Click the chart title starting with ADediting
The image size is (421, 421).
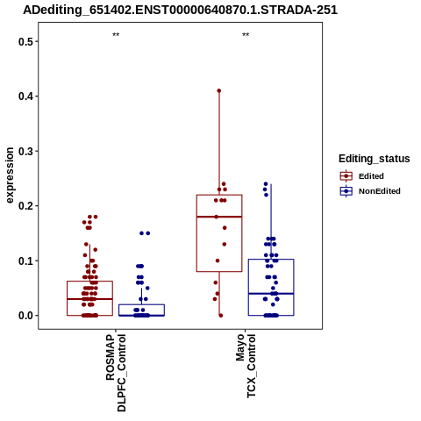tap(180, 11)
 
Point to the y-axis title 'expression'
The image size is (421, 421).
tap(10, 175)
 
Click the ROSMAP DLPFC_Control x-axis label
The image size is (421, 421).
tap(116, 373)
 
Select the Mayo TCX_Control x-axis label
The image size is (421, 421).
tap(246, 366)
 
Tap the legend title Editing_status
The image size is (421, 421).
tap(375, 159)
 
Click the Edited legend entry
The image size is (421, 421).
tap(362, 176)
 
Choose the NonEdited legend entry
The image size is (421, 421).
tap(370, 191)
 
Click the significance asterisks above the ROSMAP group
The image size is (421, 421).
tap(116, 35)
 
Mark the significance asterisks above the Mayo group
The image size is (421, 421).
tap(246, 35)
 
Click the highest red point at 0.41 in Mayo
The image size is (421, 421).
tap(219, 90)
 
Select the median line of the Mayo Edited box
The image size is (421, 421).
tap(219, 217)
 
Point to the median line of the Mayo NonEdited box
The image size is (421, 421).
tap(271, 294)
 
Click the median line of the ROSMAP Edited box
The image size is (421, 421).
tap(89, 299)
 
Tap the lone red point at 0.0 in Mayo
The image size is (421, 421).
tap(221, 316)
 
